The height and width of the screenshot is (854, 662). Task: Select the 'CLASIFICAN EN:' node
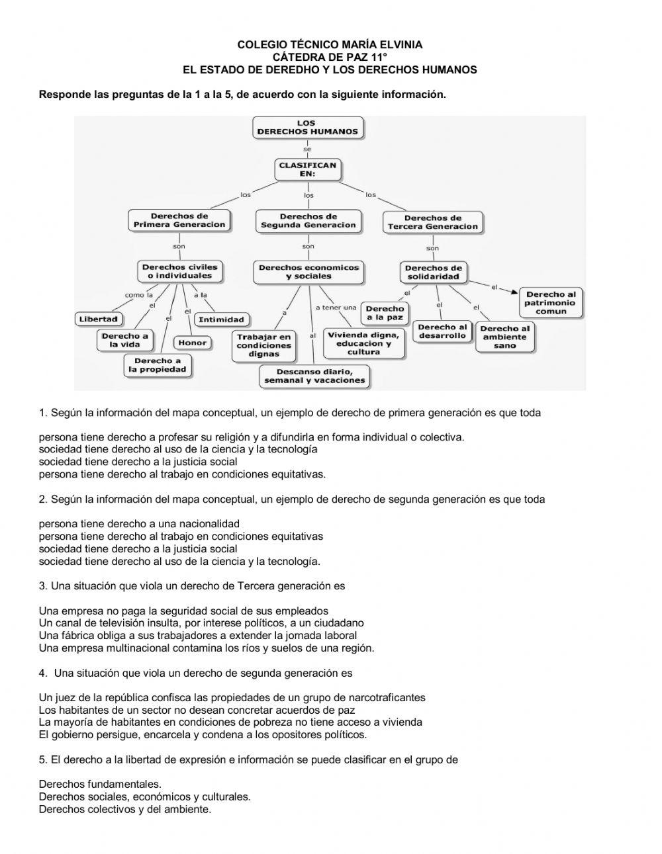307,169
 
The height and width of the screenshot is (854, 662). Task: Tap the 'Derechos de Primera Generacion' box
179,220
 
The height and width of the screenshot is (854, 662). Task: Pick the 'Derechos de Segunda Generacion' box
308,221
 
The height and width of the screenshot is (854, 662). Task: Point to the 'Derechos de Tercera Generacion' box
432,222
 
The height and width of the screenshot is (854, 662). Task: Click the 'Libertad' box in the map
98,319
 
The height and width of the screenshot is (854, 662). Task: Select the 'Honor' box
192,343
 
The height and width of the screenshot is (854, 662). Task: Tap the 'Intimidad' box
221,320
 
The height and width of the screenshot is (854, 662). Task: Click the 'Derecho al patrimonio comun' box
551,303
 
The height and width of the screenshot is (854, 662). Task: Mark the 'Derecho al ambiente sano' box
504,337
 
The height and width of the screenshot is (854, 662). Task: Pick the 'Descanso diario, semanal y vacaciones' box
314,376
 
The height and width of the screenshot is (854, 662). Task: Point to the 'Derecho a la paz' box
384,313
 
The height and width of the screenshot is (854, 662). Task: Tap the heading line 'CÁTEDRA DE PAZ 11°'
330,57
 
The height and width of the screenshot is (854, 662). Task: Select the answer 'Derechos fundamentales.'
100,785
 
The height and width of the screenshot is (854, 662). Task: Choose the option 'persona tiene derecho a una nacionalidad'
139,524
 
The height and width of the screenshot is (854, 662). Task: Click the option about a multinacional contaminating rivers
207,648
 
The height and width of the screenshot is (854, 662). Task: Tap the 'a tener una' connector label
336,308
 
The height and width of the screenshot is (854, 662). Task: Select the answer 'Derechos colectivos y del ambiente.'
125,809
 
